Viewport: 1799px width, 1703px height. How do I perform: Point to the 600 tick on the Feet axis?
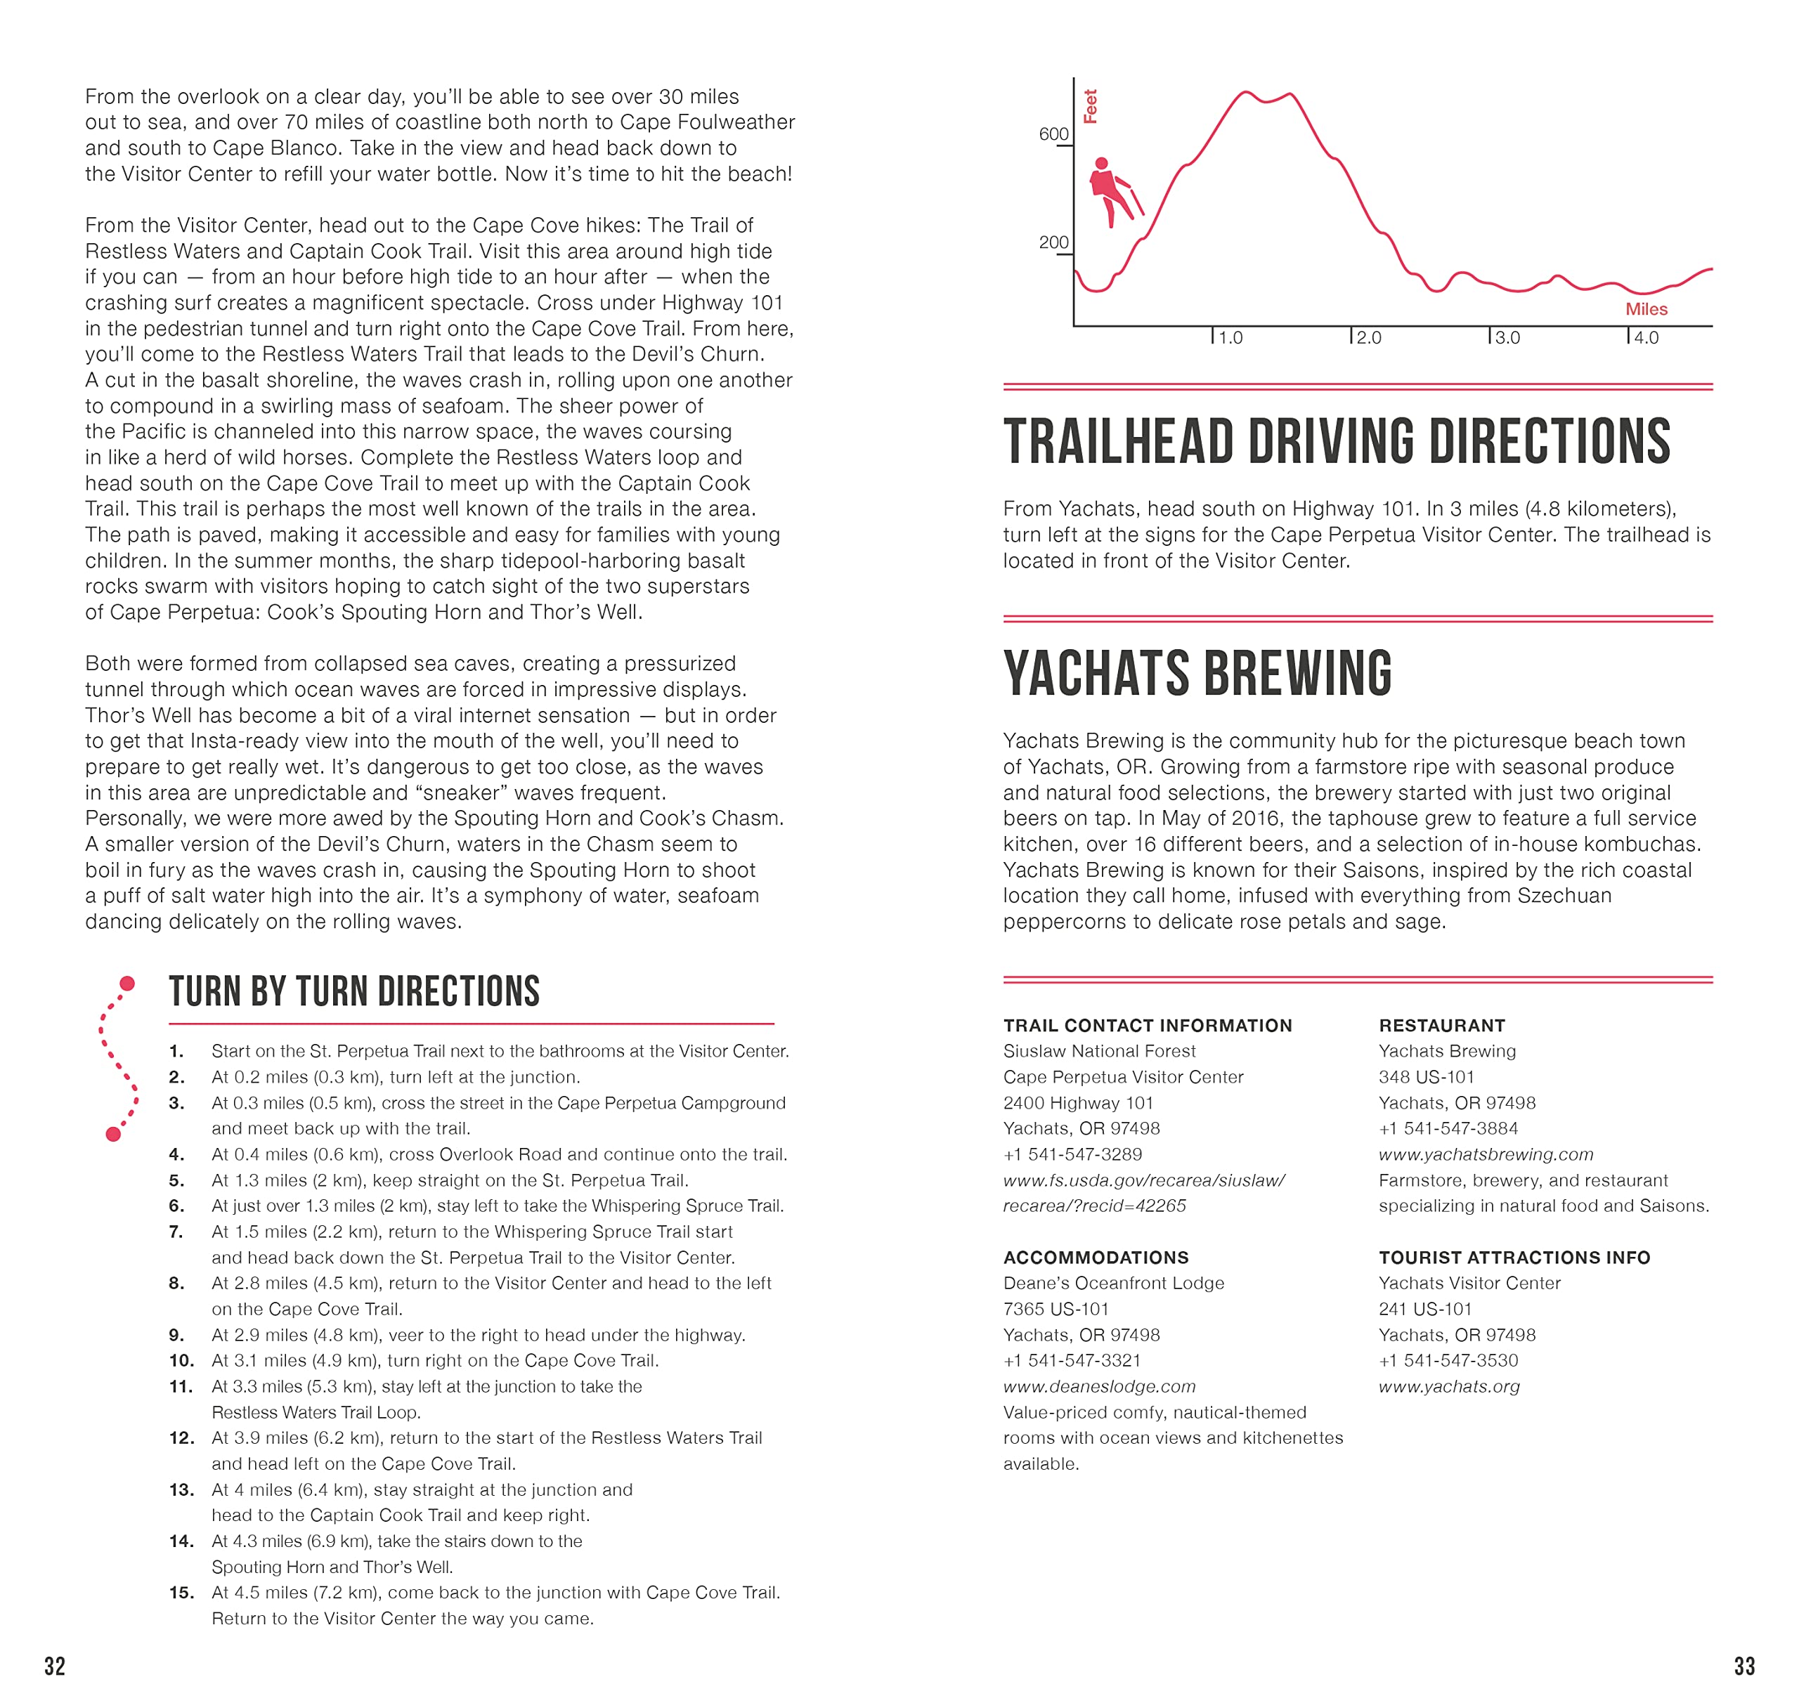(x=1053, y=134)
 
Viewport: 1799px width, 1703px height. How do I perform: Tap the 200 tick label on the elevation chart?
(x=1053, y=242)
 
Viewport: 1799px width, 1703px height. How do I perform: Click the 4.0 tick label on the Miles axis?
(x=1646, y=338)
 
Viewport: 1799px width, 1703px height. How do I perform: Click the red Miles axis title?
(x=1646, y=310)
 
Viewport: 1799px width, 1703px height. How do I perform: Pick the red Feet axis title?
(x=1091, y=106)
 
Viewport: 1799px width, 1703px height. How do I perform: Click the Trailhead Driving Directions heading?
(x=1336, y=442)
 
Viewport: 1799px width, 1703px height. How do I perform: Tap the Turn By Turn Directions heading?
(x=354, y=992)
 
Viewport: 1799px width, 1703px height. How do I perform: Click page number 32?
(x=55, y=1666)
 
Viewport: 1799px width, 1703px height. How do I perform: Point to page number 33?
(x=1743, y=1666)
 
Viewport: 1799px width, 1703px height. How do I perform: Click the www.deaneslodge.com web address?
(x=1099, y=1387)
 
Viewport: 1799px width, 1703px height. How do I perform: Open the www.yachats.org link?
(x=1448, y=1387)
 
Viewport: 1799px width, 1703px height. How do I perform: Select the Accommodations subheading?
(x=1095, y=1258)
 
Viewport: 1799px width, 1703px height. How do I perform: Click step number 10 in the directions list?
(x=181, y=1361)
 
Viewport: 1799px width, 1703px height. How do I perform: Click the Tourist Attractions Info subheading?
(x=1514, y=1258)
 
